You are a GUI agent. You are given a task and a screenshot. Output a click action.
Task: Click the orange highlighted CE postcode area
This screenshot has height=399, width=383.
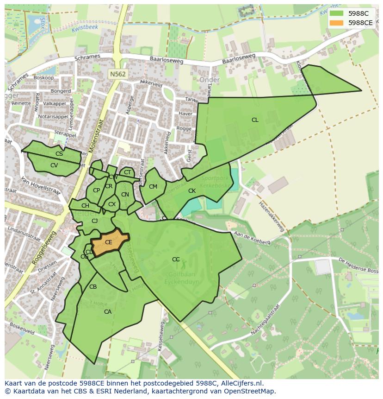[109, 242]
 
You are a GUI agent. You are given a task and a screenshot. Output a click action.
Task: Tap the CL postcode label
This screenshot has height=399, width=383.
[255, 120]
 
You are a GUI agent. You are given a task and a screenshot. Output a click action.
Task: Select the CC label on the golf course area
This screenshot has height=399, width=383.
[176, 260]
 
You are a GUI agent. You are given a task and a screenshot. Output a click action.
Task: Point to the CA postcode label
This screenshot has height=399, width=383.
[108, 312]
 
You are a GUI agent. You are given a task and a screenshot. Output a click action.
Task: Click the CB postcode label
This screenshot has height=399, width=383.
[93, 287]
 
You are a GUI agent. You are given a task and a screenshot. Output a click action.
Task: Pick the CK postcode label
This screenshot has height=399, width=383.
[192, 191]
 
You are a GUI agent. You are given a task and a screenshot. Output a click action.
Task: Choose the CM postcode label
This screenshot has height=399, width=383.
[153, 187]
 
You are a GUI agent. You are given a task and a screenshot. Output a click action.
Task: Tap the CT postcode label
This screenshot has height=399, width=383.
[127, 173]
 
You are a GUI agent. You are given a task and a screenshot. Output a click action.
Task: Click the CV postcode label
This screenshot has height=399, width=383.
[54, 165]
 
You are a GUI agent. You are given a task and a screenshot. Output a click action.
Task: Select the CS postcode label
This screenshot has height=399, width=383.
[59, 154]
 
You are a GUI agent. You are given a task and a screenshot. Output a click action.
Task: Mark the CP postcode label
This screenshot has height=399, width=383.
[96, 190]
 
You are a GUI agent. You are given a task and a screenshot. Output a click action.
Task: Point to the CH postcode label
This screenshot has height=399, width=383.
[85, 206]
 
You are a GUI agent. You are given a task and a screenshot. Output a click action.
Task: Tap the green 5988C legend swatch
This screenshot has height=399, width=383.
[337, 13]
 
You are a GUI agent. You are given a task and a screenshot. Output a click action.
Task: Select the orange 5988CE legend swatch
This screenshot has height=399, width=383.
[337, 22]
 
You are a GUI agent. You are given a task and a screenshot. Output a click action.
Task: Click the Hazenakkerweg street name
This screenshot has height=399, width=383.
[271, 216]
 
